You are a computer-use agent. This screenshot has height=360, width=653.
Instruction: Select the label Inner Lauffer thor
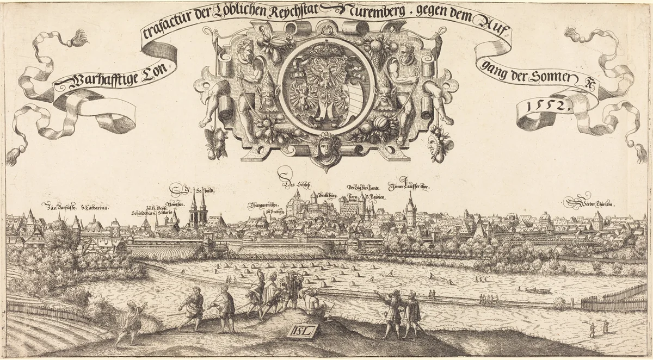coord(409,188)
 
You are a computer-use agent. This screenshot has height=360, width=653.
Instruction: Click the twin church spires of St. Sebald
coord(198,209)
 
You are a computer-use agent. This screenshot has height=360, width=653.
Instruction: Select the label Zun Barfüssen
coord(61,207)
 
